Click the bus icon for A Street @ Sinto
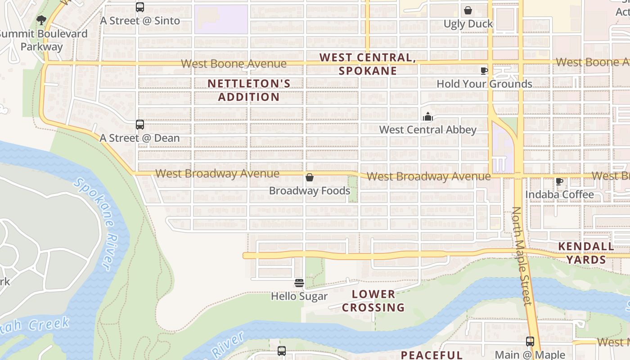[140, 7]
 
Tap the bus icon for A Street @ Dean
[140, 125]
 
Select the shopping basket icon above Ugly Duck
[468, 10]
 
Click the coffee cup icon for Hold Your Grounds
[484, 71]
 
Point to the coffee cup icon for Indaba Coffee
[559, 181]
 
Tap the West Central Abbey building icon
[427, 117]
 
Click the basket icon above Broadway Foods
[310, 178]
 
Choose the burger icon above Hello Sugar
[299, 283]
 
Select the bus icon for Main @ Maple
[530, 342]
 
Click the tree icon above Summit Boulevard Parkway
[41, 20]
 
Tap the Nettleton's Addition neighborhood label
[249, 90]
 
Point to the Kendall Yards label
[586, 253]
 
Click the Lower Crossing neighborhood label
[373, 301]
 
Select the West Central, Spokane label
[368, 64]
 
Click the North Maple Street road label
[522, 256]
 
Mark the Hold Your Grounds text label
[484, 84]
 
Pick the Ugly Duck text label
[468, 24]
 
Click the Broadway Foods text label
[310, 191]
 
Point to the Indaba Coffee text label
[560, 194]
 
